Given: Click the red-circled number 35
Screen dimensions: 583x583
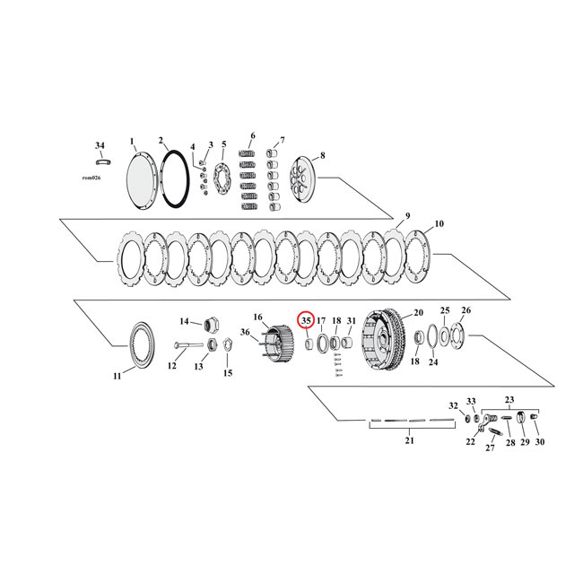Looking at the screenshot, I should click(306, 320).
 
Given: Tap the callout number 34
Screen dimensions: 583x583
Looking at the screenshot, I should click(100, 144).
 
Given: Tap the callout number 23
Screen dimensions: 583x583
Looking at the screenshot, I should click(510, 400).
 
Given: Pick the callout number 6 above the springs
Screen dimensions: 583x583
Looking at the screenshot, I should click(252, 135).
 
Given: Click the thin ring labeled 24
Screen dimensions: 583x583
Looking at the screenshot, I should click(433, 338).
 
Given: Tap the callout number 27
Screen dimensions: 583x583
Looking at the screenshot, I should click(490, 448).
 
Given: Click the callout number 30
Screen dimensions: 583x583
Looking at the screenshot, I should click(539, 443).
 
